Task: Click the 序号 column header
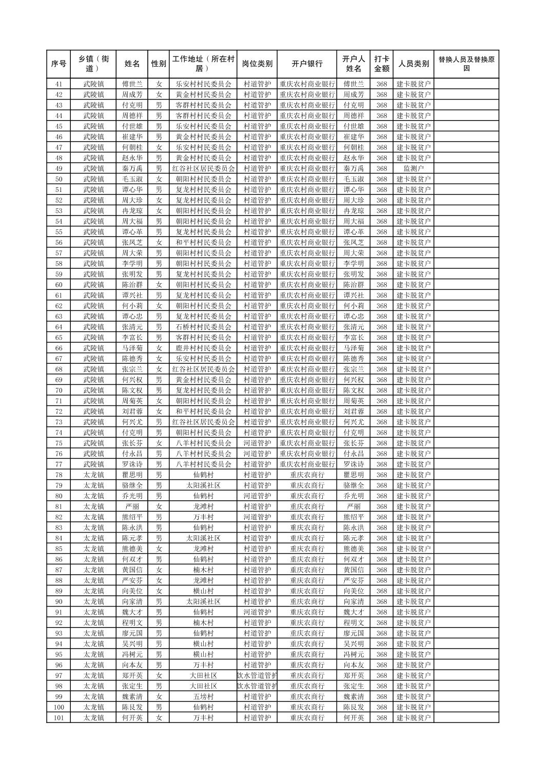click(x=59, y=64)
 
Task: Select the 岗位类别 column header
click(x=257, y=64)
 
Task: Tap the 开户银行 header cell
click(x=307, y=64)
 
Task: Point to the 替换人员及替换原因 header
click(x=466, y=64)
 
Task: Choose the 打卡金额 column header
click(x=381, y=64)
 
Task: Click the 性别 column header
click(x=159, y=64)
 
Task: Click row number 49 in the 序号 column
click(x=59, y=168)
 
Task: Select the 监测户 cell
click(x=414, y=168)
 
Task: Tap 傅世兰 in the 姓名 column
click(x=132, y=84)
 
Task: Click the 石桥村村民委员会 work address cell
click(x=203, y=327)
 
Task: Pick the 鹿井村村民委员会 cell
click(x=203, y=348)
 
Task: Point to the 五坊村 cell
click(x=203, y=697)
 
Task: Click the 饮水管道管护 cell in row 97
click(x=257, y=675)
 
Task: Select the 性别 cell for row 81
click(x=159, y=506)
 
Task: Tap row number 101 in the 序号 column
click(x=59, y=718)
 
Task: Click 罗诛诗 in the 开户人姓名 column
click(x=353, y=464)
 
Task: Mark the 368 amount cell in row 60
click(x=381, y=285)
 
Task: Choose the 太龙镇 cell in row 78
click(x=94, y=475)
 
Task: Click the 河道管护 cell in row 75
click(x=257, y=443)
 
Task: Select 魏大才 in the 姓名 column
click(x=132, y=612)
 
